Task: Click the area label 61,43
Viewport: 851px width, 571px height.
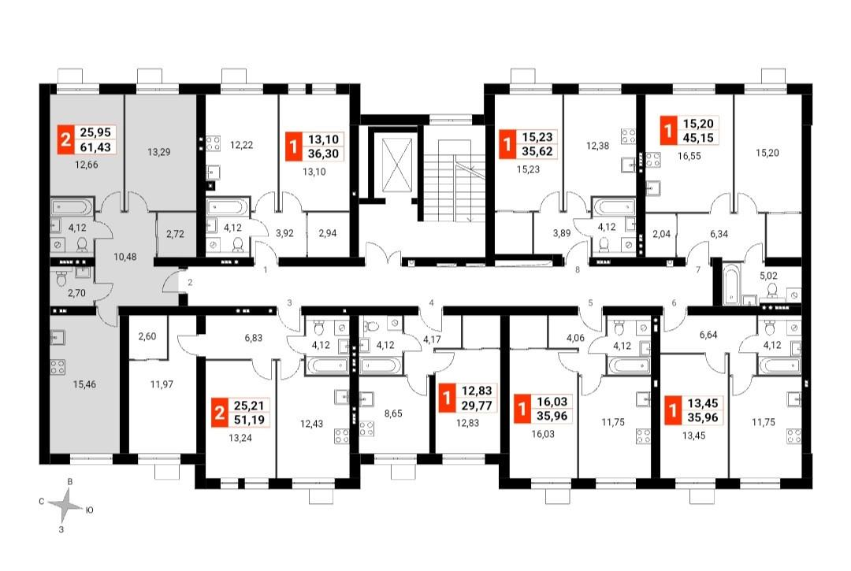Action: click(95, 146)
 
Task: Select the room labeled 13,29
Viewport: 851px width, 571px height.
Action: click(159, 152)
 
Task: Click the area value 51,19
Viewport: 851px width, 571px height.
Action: click(248, 419)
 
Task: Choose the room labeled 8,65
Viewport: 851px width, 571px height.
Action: click(393, 413)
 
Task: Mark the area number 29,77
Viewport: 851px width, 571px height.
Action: click(477, 405)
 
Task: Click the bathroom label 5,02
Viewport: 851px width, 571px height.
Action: click(768, 276)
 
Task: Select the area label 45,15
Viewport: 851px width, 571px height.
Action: click(698, 138)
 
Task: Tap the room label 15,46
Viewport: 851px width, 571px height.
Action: click(84, 384)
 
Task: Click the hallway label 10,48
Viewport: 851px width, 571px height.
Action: click(124, 257)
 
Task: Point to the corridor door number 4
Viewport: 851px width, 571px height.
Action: click(432, 302)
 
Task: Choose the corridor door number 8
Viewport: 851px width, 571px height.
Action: click(578, 269)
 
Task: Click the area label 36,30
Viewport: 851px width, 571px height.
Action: click(324, 154)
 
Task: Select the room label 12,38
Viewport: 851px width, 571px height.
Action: click(597, 146)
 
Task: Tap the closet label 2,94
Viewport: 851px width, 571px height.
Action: click(327, 234)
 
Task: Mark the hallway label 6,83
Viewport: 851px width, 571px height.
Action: click(254, 338)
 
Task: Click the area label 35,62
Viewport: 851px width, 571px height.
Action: click(537, 152)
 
